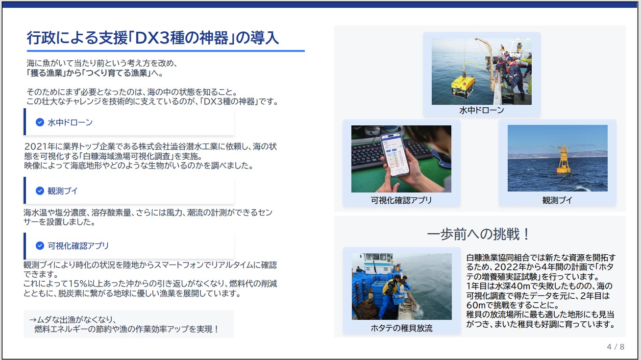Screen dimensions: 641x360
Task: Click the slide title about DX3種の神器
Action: (x=153, y=38)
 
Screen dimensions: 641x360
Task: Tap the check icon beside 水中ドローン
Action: (x=40, y=122)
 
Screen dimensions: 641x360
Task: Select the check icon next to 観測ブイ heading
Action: (x=40, y=191)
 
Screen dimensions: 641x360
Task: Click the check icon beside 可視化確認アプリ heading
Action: (x=40, y=245)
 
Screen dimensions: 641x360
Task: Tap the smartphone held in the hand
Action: (x=395, y=155)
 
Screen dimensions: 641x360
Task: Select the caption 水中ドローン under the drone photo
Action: (x=482, y=110)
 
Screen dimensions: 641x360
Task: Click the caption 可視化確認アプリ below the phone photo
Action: (x=401, y=200)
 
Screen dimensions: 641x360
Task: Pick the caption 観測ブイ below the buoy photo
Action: (x=557, y=200)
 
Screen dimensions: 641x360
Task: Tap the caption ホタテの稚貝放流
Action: (x=401, y=328)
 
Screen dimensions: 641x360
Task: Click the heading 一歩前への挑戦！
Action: (x=478, y=234)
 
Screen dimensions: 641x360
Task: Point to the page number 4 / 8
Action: (x=616, y=347)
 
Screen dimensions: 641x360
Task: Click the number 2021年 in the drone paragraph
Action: (x=36, y=146)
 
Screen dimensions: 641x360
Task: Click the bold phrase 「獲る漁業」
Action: (x=46, y=73)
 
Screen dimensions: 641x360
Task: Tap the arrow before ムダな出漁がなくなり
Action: (x=33, y=320)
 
